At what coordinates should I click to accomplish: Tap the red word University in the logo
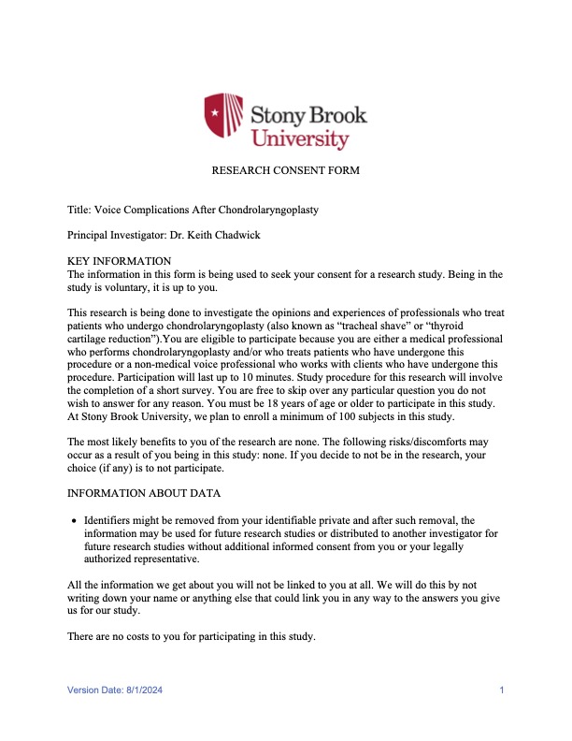pyautogui.click(x=300, y=138)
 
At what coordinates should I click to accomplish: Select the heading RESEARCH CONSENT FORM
pyautogui.click(x=285, y=171)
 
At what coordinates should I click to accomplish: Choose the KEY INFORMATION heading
pyautogui.click(x=120, y=261)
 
